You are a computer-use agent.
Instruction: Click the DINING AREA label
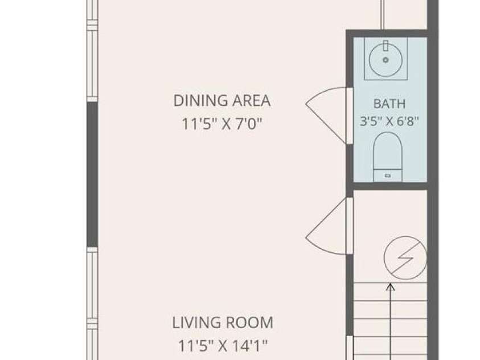point(222,101)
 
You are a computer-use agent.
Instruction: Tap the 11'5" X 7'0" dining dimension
point(222,124)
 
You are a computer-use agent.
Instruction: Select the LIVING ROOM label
point(223,322)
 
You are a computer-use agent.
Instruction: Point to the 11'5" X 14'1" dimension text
point(223,346)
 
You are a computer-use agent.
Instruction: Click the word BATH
point(389,104)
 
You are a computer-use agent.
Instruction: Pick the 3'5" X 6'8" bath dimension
point(389,121)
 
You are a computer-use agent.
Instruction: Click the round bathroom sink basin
point(385,60)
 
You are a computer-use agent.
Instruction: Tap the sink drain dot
point(385,60)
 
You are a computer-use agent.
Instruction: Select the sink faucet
point(385,46)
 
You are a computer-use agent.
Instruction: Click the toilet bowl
point(388,150)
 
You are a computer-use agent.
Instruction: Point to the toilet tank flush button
point(388,175)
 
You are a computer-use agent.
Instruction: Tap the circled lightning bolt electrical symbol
point(405,258)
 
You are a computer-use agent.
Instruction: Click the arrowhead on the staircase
point(390,287)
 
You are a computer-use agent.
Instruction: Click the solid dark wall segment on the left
point(92,174)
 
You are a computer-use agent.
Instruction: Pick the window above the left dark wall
point(92,51)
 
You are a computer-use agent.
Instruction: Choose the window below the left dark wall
point(92,303)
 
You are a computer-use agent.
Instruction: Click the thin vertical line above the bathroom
point(381,15)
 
